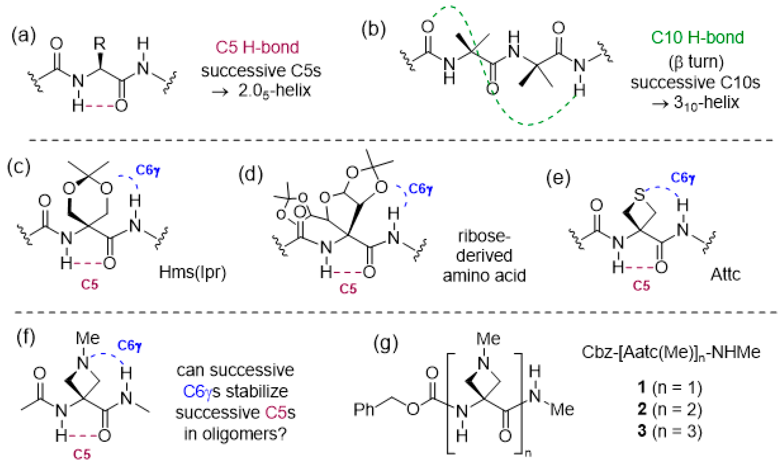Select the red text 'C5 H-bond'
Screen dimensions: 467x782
tap(257, 47)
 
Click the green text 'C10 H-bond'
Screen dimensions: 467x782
tap(697, 38)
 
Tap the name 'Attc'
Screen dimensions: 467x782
tap(725, 274)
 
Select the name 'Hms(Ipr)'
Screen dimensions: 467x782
tap(193, 272)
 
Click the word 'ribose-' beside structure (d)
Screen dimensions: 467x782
tap(484, 236)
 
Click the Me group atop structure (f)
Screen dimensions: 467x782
tap(88, 338)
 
